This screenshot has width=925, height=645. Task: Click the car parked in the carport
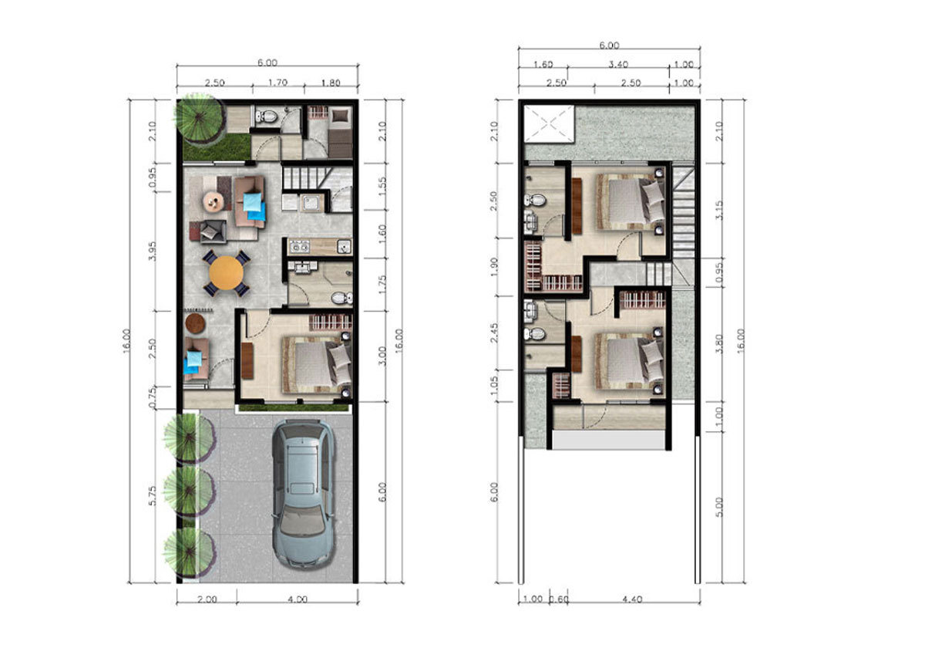coord(303,494)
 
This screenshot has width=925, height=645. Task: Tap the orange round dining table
coord(226,272)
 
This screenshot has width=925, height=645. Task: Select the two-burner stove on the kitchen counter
coord(299,247)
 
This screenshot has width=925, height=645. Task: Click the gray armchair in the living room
coord(213,231)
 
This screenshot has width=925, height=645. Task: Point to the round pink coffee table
coord(214,201)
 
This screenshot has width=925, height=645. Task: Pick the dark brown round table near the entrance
coord(195,323)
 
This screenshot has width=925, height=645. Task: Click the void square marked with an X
coord(549,123)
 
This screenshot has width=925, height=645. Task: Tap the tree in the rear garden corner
coord(200,118)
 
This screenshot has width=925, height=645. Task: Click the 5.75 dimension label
coord(153,496)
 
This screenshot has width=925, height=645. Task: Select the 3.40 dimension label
coord(618,65)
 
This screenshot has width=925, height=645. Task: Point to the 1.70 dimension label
coord(277,83)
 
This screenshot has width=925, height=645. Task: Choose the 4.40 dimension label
coord(631,599)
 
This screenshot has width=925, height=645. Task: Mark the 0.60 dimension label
coord(560,599)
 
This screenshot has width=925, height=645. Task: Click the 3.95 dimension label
coord(153,251)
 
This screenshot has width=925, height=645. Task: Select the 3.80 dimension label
coord(719,343)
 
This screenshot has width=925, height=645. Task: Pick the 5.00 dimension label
coord(719,507)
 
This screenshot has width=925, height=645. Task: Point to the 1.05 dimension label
coord(494,386)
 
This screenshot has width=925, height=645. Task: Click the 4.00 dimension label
coord(297,599)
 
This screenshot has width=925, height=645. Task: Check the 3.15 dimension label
coord(719,211)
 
